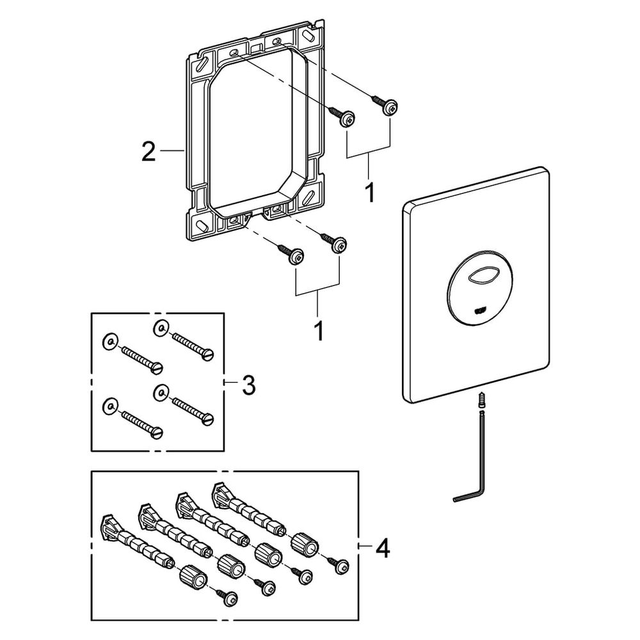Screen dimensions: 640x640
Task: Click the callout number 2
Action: [148, 151]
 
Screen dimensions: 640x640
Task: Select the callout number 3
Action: [248, 385]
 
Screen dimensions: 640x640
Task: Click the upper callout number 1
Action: [369, 192]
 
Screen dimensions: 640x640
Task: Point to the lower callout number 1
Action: [318, 331]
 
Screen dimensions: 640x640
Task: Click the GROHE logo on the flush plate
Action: [480, 312]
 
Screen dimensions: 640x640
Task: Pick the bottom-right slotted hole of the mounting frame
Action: [307, 198]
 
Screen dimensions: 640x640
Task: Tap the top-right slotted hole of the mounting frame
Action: [307, 35]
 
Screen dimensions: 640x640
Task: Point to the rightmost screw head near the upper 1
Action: [390, 108]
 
